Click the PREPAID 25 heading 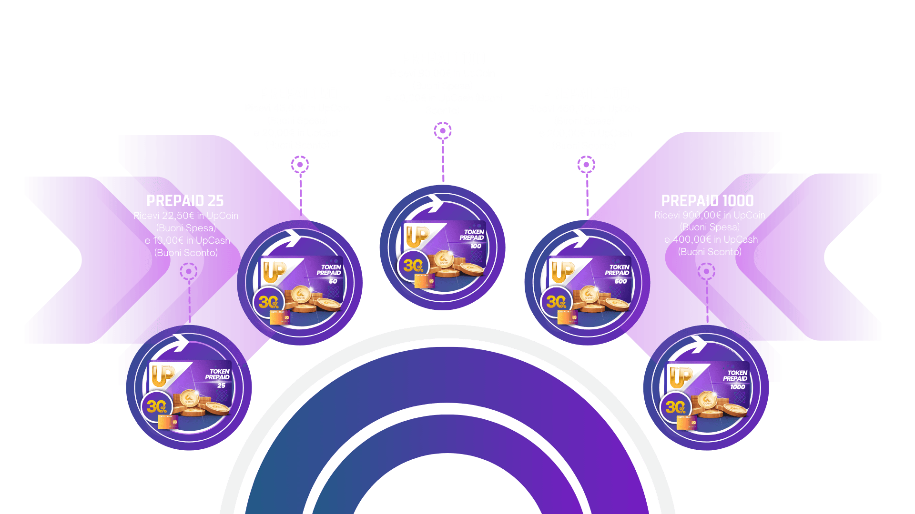(x=185, y=201)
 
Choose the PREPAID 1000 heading (x=707, y=201)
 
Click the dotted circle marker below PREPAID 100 (x=443, y=131)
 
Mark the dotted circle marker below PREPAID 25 (x=189, y=272)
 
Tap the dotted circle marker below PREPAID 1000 (x=706, y=272)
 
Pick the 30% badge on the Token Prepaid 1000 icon (x=675, y=407)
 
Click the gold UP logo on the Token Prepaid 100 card (x=417, y=237)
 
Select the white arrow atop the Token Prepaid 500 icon (x=580, y=238)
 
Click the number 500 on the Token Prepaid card (x=620, y=281)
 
